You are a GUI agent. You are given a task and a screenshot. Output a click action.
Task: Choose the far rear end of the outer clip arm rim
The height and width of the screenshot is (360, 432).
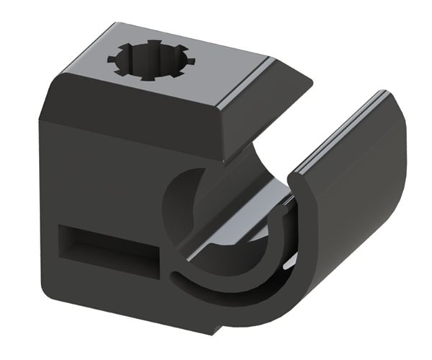pyautogui.click(x=385, y=94)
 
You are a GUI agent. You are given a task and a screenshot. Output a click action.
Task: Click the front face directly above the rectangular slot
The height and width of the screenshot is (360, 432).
pyautogui.click(x=108, y=202)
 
